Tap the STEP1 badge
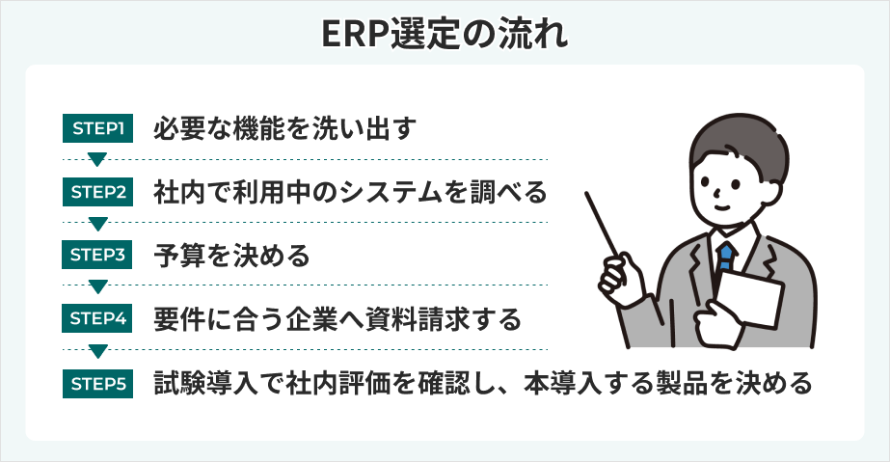96,128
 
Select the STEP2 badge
96,192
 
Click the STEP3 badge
96,256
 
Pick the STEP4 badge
96,319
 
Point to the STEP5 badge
96,383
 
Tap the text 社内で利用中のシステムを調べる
350,192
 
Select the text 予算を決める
231,256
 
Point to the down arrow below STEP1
96,160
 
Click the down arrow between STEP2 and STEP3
96,224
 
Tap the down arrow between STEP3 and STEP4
96,287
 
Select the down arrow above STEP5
96,351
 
